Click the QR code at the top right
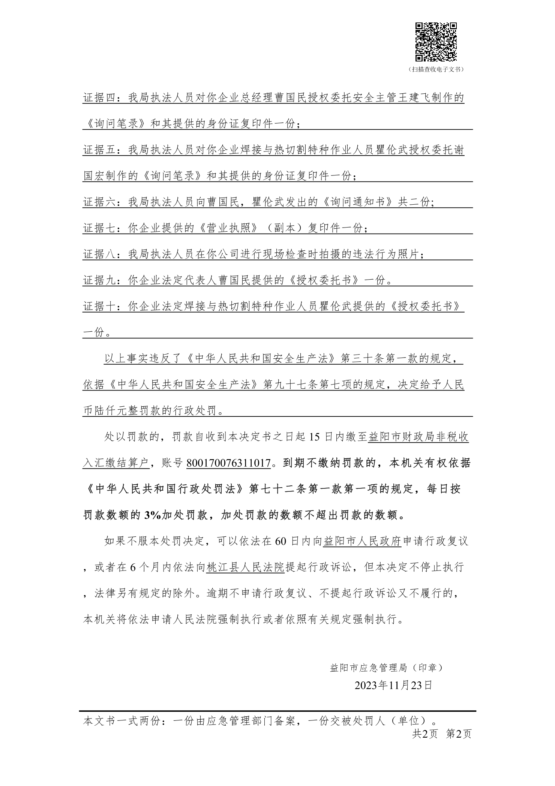(436, 42)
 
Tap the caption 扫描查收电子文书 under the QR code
(436, 69)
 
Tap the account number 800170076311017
(228, 463)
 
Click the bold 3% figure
(153, 515)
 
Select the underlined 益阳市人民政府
(362, 542)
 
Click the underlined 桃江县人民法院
(246, 567)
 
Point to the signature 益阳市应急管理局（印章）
(386, 668)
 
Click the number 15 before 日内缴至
(315, 437)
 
